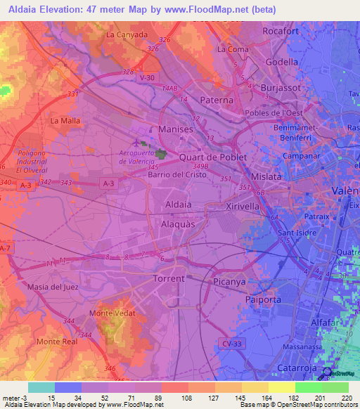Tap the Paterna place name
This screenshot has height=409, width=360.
click(217, 100)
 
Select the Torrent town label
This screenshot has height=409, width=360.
click(169, 278)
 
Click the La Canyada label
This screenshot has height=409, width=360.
click(127, 34)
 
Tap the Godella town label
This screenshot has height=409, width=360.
click(282, 61)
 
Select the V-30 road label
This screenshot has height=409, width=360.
click(148, 77)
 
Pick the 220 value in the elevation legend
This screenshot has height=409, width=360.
click(347, 398)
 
